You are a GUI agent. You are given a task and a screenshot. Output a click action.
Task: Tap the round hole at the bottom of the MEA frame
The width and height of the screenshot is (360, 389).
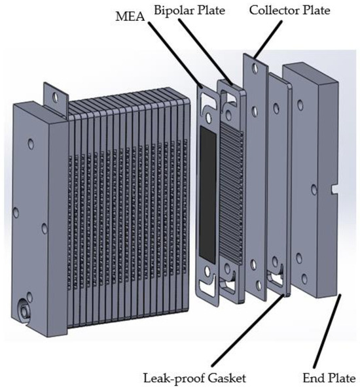pyautogui.click(x=209, y=267)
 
